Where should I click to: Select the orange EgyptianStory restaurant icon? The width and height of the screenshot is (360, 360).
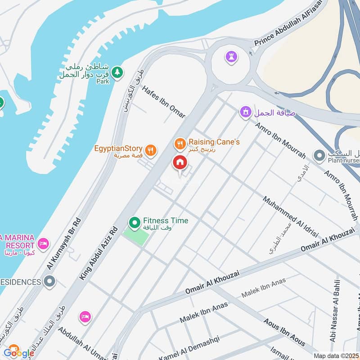pos(151,150)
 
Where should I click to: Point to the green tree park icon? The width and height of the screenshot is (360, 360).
pos(117,72)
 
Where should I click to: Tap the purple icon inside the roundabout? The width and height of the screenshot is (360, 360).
pos(231,57)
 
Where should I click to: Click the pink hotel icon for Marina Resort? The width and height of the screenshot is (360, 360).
pos(43,243)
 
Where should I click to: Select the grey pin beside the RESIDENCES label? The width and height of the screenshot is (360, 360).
pos(49,282)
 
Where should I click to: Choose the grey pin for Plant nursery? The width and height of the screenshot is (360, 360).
pos(319,156)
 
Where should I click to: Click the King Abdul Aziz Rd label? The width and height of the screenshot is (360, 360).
pos(99,253)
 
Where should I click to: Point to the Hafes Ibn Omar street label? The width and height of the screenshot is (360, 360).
pos(163,102)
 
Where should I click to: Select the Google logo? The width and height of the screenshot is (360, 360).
pos(18,352)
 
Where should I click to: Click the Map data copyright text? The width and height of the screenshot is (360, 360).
pos(335,355)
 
